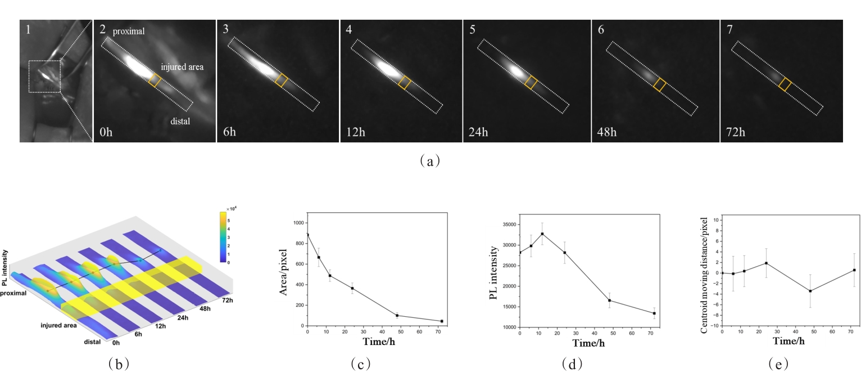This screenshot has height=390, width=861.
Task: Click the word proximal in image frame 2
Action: tap(129, 32)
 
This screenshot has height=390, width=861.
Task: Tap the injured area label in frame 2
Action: tap(182, 67)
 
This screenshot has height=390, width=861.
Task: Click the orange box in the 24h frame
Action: tap(531, 83)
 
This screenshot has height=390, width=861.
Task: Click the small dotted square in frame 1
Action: tap(44, 77)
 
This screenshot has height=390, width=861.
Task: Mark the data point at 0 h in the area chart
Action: tap(307, 235)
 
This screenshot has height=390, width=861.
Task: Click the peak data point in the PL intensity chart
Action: tap(542, 234)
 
